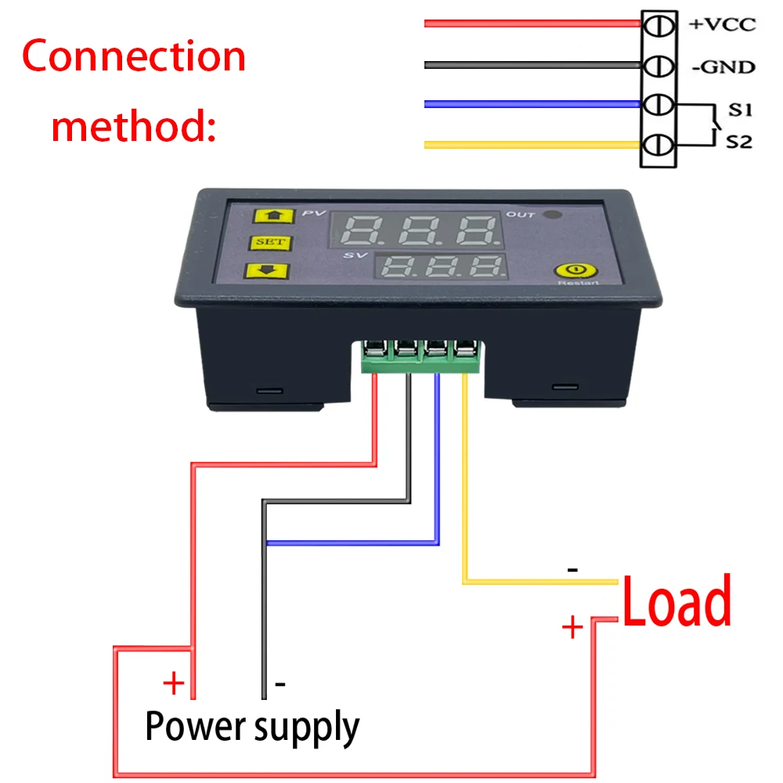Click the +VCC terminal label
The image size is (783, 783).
pyautogui.click(x=722, y=24)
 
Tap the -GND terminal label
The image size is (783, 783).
pyautogui.click(x=723, y=67)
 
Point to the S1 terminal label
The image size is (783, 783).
pyautogui.click(x=740, y=110)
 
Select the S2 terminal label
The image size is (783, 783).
pyautogui.click(x=740, y=143)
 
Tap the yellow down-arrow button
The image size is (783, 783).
pyautogui.click(x=268, y=271)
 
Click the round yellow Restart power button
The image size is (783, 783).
pyautogui.click(x=567, y=270)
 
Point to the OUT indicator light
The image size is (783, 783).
pyautogui.click(x=554, y=215)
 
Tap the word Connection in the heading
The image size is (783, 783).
pyautogui.click(x=134, y=57)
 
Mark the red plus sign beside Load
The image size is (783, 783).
pyautogui.click(x=573, y=627)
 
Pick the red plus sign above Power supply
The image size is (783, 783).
pyautogui.click(x=173, y=684)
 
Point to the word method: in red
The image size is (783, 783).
pyautogui.click(x=133, y=125)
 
